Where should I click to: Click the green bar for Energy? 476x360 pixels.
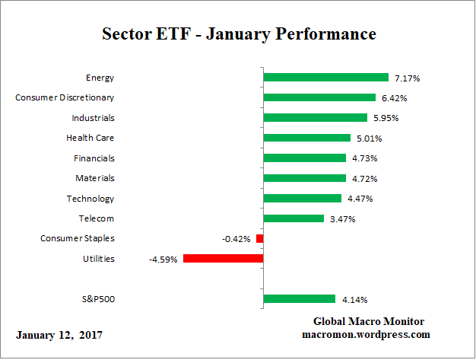325,78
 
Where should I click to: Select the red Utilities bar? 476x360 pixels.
223,259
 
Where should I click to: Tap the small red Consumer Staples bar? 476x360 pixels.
259,239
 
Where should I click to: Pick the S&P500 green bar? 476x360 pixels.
299,299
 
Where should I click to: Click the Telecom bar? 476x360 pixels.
294,218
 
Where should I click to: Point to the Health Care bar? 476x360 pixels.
306,138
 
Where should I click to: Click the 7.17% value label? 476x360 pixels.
407,78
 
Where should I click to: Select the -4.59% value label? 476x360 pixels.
163,259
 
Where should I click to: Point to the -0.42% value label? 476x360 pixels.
236,239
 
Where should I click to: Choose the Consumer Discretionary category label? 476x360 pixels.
65,97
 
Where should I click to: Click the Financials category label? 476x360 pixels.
94,158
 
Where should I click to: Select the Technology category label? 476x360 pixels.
90,199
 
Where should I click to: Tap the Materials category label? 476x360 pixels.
96,178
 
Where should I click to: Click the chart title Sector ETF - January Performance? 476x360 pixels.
239,34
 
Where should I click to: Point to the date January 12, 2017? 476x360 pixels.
59,335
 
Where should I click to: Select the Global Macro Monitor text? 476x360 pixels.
368,321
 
